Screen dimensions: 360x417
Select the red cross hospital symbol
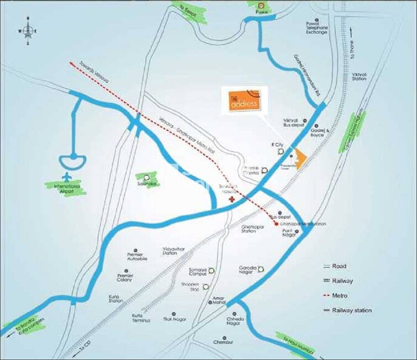click(233, 199)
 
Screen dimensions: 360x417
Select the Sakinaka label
click(147, 183)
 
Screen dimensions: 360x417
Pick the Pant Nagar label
click(290, 234)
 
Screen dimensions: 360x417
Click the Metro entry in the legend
click(339, 295)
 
